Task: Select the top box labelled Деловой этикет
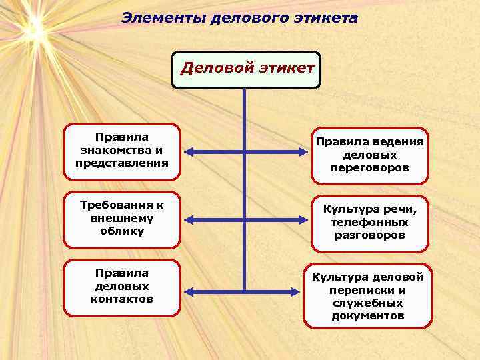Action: (x=246, y=69)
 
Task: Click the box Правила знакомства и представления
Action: (x=122, y=151)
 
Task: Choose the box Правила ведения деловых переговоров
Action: (x=369, y=155)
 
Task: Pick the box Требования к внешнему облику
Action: (x=122, y=219)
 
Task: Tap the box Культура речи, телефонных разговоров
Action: (x=369, y=223)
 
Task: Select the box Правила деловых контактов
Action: (x=122, y=287)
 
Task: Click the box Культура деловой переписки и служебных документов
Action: (x=369, y=295)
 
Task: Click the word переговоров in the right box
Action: (x=369, y=169)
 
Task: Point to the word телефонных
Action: (x=369, y=223)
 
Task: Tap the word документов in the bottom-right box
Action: (x=368, y=315)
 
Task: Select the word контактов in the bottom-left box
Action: (x=122, y=299)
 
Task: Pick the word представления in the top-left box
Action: (x=122, y=163)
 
